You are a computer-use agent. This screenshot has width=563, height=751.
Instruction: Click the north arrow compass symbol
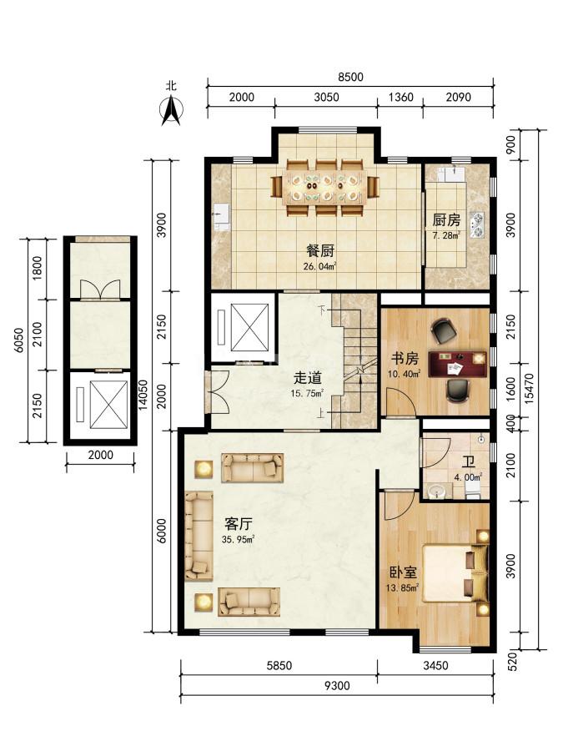tap(171, 110)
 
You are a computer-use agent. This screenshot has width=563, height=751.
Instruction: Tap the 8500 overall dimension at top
tap(351, 77)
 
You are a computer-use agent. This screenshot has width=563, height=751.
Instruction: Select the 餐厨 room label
tap(319, 251)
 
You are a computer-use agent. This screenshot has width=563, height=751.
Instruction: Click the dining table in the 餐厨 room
tap(325, 188)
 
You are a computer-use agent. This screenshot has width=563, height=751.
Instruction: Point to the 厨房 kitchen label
tap(446, 219)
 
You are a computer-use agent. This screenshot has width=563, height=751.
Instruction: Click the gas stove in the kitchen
tap(477, 225)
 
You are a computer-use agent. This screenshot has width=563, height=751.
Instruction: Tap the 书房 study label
tap(405, 359)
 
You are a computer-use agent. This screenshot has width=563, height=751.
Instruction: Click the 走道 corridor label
tap(307, 378)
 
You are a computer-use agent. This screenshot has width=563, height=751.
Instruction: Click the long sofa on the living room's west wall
tap(199, 536)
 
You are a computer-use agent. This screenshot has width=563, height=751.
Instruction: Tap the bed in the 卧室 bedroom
tap(455, 572)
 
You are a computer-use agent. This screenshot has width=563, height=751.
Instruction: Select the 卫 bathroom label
tap(468, 461)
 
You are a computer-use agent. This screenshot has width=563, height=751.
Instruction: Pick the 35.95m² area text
tap(238, 539)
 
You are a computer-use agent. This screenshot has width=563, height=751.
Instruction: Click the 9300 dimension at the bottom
tap(337, 686)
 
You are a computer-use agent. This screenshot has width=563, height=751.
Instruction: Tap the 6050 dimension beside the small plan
tap(18, 340)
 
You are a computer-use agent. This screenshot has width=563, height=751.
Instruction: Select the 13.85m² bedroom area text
tap(403, 587)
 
